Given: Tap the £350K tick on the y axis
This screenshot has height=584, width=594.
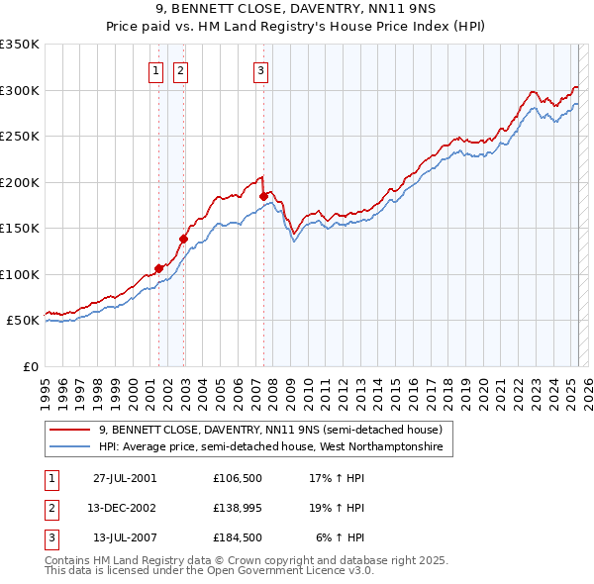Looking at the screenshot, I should pos(20,45).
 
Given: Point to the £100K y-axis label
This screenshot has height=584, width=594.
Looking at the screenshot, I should pos(20,274).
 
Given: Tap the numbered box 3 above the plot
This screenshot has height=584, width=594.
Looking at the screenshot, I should pos(260,70).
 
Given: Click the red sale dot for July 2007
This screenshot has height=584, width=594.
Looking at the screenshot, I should pos(263,196).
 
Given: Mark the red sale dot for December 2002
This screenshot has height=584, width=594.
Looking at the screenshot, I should pos(183,238).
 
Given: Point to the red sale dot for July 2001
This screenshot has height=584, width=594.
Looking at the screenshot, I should pos(158,268).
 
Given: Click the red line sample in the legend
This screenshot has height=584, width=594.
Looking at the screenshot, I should pos(69,430).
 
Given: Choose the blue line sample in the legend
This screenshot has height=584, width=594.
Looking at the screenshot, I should pos(69,446).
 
